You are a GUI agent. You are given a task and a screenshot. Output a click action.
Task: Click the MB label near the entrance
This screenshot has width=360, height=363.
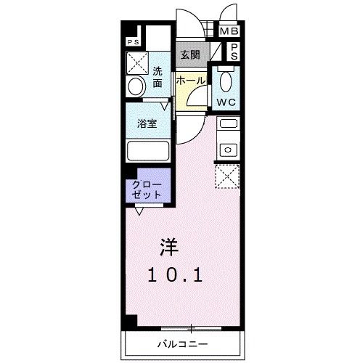click(x=229, y=31)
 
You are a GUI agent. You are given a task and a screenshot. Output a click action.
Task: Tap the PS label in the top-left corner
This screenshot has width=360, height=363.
click(x=133, y=42)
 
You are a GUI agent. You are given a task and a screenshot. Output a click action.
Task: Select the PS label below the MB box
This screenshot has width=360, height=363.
click(x=234, y=52)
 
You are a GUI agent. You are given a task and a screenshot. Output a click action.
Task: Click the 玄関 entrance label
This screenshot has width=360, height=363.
click(x=190, y=55)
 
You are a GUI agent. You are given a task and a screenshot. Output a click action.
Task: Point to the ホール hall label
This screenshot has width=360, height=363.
click(x=190, y=81)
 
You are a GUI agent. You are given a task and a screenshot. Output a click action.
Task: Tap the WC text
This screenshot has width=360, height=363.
click(x=225, y=102)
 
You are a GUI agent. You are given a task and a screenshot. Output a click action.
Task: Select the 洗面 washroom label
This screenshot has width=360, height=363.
click(x=157, y=78)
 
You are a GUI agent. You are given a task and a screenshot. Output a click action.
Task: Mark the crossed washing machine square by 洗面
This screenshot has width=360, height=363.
click(x=138, y=63)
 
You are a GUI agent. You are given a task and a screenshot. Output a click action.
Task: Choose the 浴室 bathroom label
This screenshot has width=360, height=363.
click(x=147, y=123)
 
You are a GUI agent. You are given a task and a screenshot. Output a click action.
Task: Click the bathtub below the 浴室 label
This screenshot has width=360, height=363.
click(x=147, y=152)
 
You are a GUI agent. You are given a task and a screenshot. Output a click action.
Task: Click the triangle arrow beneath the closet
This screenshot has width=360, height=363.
click(x=139, y=211)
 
